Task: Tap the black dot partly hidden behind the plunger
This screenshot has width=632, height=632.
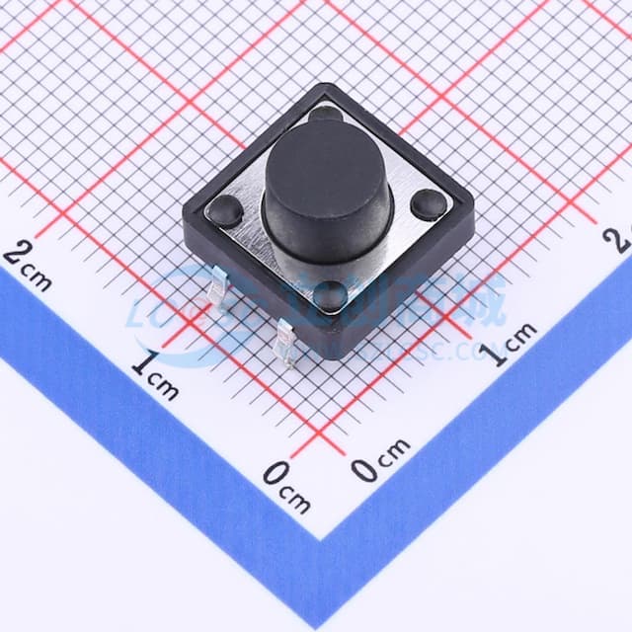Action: [325, 114]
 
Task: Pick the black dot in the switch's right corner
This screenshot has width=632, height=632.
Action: [427, 204]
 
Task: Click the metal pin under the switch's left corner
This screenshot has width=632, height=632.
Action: [220, 287]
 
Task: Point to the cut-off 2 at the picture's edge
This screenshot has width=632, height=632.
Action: [622, 238]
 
